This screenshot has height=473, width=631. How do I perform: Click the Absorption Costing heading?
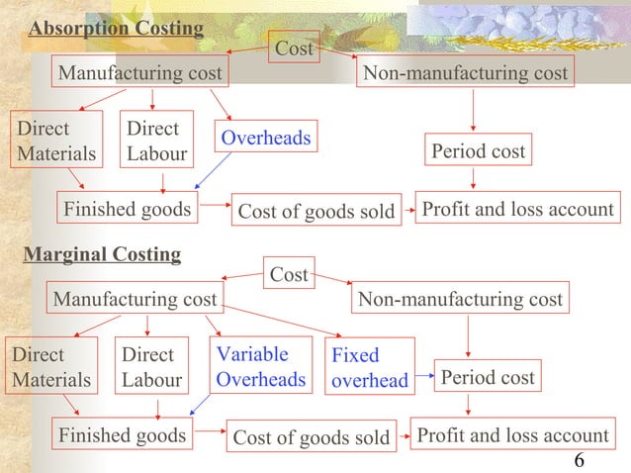(x=116, y=29)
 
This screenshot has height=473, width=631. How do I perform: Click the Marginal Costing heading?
(x=102, y=255)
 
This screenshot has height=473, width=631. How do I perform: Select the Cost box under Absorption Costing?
(x=294, y=47)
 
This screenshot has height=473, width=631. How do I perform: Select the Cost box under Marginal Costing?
(x=289, y=275)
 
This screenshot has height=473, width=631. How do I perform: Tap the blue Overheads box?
(x=265, y=139)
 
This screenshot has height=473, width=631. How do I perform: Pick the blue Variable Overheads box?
(x=260, y=367)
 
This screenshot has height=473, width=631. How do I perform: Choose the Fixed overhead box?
(x=369, y=367)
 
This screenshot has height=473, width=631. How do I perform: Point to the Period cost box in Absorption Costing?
(x=478, y=152)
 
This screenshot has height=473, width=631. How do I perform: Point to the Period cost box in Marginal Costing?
(x=487, y=377)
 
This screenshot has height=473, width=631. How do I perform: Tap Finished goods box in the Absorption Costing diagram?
(x=128, y=210)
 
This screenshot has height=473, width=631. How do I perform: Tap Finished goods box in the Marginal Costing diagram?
(x=122, y=435)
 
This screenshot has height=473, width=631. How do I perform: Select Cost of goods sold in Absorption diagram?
(x=316, y=212)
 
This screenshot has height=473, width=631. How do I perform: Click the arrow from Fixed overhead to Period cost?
(x=424, y=376)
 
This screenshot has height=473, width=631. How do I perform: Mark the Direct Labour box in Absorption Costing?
(x=152, y=142)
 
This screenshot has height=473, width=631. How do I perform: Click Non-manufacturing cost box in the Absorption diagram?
(x=465, y=73)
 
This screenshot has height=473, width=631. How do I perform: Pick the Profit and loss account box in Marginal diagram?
(x=512, y=435)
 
